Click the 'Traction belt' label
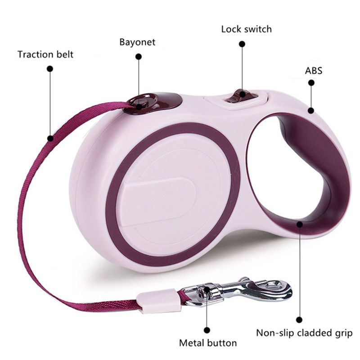click(45, 54)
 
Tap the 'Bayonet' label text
click(137, 42)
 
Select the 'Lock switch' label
click(246, 29)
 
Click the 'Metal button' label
click(208, 343)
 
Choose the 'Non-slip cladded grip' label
click(304, 333)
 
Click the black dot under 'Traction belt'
click(50, 69)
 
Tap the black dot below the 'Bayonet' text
click(139, 57)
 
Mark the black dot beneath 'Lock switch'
click(242, 44)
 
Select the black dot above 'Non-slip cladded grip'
click(299, 319)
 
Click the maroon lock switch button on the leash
click(240, 96)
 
